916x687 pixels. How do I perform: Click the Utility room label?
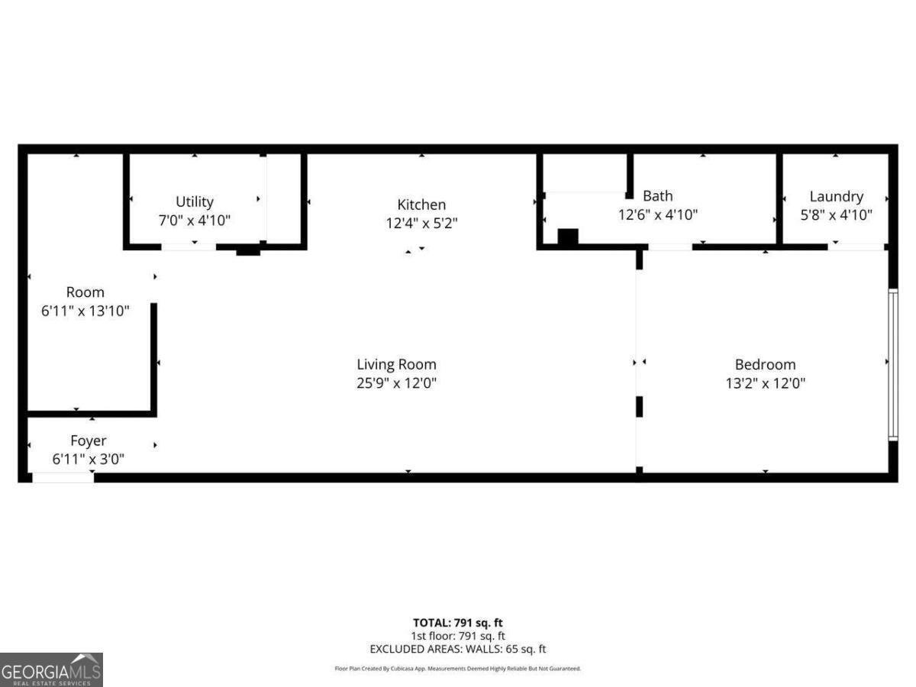coord(195,202)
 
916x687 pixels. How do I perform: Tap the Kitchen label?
coord(421,205)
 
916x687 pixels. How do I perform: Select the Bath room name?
coord(657,196)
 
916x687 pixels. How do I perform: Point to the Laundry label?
coord(836,196)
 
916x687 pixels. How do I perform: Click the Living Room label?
coord(396,364)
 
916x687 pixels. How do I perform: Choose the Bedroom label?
coord(765,364)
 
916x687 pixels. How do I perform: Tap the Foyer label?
coord(89,440)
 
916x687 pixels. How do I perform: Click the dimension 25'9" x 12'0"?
coord(396,382)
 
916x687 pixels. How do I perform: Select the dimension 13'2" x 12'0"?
coord(765,382)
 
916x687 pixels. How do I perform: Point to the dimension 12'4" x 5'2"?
coord(421,223)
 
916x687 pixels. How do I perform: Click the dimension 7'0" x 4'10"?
coord(195,220)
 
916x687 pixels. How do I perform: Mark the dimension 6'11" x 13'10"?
coord(85,311)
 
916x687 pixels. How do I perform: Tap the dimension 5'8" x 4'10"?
coord(836,215)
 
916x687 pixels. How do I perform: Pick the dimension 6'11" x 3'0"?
coord(89,459)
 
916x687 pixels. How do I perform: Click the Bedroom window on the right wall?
coord(893,364)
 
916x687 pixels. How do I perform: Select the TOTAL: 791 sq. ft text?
coord(458,622)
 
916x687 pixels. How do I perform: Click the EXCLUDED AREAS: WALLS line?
coord(458,649)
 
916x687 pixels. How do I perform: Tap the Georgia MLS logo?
coord(51,669)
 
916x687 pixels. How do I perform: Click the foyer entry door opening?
coord(63,478)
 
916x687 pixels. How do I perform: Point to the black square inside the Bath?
coord(568,237)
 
